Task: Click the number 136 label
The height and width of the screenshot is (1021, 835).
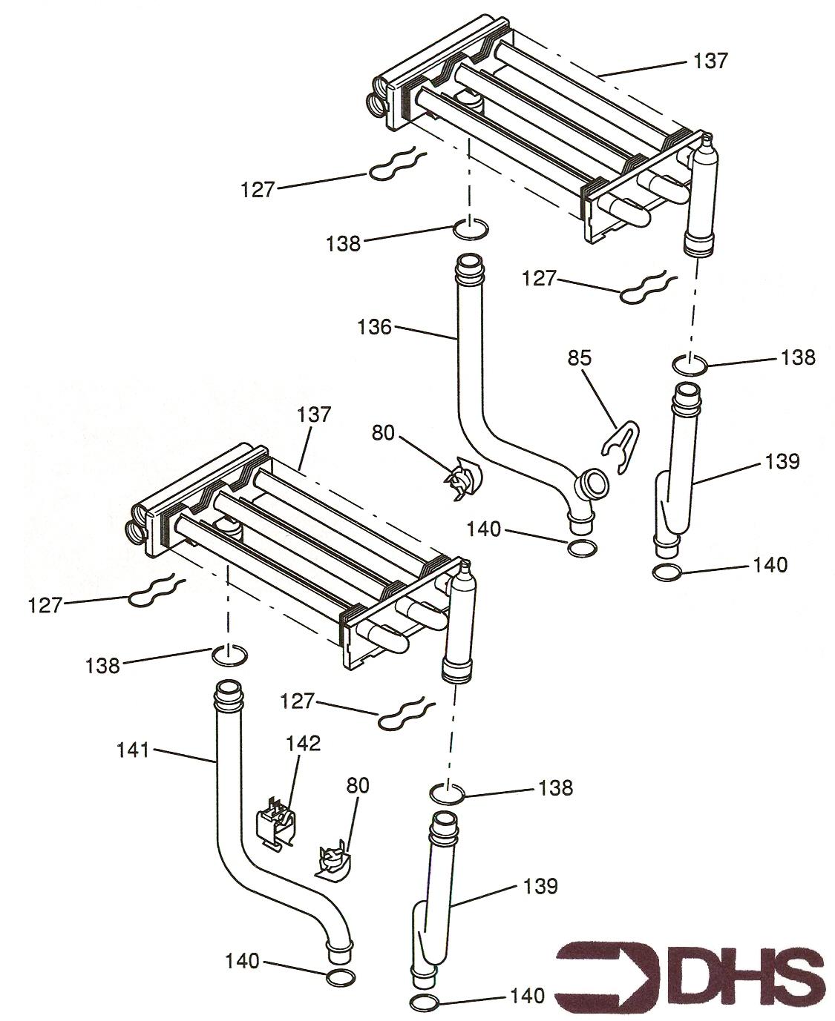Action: [374, 327]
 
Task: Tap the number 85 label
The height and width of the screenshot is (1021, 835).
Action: [580, 358]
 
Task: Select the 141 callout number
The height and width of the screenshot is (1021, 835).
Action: [132, 750]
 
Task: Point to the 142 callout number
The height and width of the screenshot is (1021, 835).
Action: [304, 743]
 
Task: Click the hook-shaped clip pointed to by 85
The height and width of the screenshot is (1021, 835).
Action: [622, 446]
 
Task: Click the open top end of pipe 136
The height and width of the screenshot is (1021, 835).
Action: [469, 262]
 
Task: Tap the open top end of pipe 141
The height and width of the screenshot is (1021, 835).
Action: [227, 688]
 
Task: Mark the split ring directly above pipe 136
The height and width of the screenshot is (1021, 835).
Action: [471, 228]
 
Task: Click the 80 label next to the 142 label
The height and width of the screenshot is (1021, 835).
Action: [358, 785]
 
